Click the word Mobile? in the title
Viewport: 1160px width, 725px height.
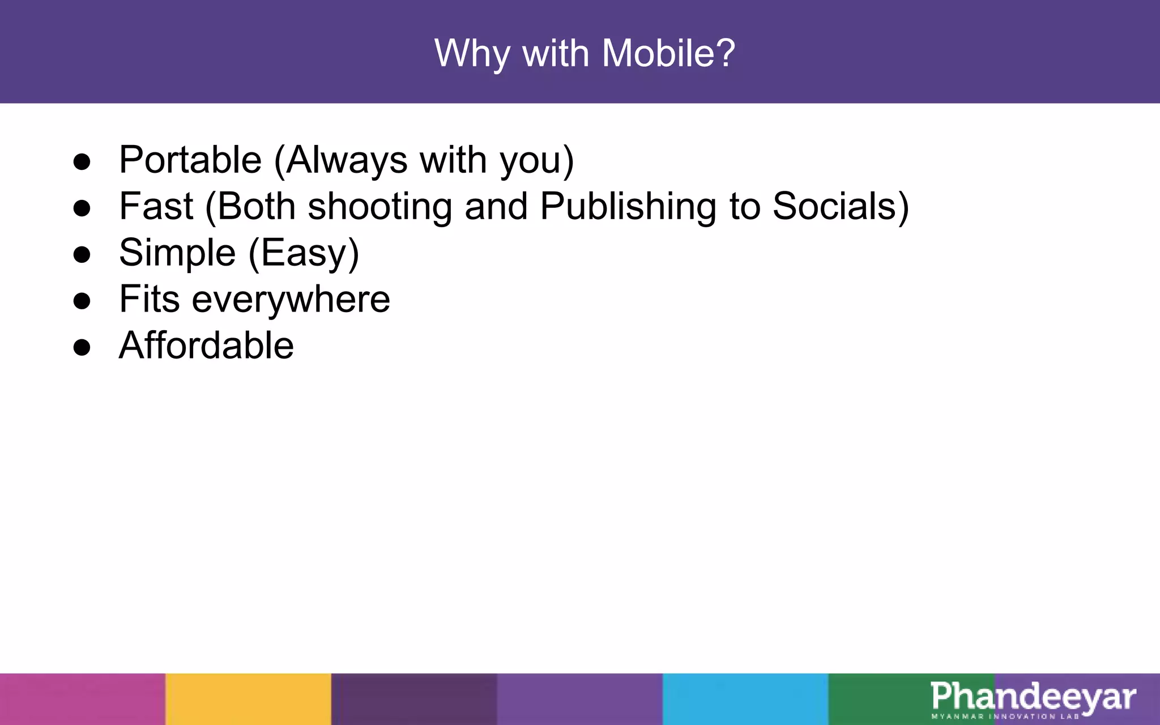pyautogui.click(x=668, y=54)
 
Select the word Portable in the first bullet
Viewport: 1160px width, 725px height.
pyautogui.click(x=190, y=160)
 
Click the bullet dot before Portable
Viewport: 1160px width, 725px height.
pyautogui.click(x=82, y=162)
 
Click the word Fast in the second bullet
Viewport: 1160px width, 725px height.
pyautogui.click(x=156, y=206)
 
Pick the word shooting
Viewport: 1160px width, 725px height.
pyautogui.click(x=379, y=207)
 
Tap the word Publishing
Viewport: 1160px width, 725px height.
pyautogui.click(x=628, y=207)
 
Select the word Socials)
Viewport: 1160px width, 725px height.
pyautogui.click(x=841, y=206)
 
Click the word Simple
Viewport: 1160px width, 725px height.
pyautogui.click(x=177, y=253)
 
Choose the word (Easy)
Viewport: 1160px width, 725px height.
pyautogui.click(x=304, y=253)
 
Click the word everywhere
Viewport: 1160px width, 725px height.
pyautogui.click(x=291, y=300)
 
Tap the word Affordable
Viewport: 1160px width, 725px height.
pyautogui.click(x=206, y=346)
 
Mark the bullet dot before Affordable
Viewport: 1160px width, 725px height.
pyautogui.click(x=82, y=347)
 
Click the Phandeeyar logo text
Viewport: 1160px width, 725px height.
pyautogui.click(x=1033, y=697)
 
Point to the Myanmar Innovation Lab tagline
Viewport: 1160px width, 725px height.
pyautogui.click(x=1005, y=717)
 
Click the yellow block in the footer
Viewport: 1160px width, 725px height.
pyautogui.click(x=248, y=699)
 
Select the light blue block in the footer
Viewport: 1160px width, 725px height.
pyautogui.click(x=745, y=699)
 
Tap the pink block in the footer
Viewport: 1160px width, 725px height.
pyautogui.click(x=83, y=699)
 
